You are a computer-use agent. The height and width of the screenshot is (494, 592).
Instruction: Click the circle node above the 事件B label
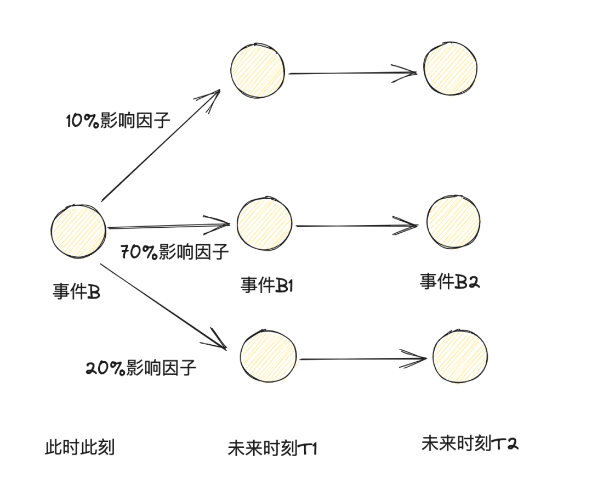[x=78, y=231]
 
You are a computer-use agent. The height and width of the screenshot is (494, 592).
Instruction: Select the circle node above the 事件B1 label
[x=265, y=223]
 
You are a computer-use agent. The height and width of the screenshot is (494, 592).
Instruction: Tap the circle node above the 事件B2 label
[x=453, y=222]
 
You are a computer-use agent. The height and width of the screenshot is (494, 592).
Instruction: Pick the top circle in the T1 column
[x=258, y=71]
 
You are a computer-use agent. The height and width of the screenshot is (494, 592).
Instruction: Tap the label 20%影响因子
[x=141, y=367]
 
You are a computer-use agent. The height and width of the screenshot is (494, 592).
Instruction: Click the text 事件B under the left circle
[x=76, y=291]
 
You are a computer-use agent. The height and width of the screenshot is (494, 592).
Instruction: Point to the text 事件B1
[x=267, y=285]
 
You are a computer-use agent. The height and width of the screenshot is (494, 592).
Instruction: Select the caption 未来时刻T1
[x=272, y=448]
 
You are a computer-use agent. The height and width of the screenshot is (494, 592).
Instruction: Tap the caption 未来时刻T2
[x=470, y=444]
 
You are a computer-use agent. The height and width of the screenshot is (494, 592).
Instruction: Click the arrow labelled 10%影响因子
[x=161, y=145]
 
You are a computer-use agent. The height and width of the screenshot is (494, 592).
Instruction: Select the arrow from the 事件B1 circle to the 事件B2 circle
[x=356, y=225]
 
